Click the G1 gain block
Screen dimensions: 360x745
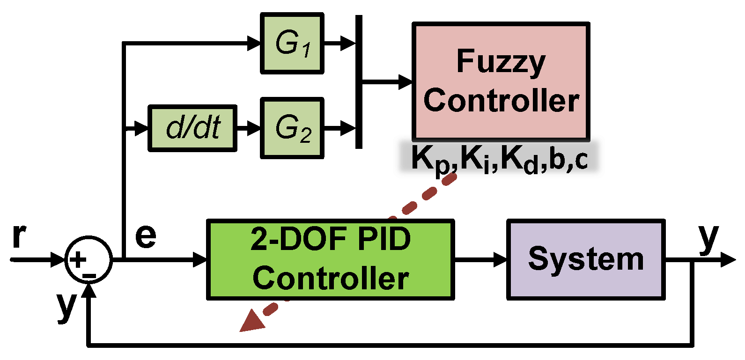(292, 44)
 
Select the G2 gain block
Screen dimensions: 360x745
(292, 128)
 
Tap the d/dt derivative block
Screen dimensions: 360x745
(192, 128)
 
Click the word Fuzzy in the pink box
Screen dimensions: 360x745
(501, 62)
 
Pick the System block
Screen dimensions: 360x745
(586, 259)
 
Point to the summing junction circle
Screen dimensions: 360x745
(88, 259)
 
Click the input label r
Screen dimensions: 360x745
(19, 235)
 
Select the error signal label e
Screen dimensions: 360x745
(146, 235)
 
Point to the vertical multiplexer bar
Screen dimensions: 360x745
(359, 82)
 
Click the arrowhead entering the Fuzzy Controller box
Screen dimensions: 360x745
(406, 82)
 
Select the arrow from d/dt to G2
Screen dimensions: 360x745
(248, 127)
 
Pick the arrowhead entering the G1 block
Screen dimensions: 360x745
(254, 44)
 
